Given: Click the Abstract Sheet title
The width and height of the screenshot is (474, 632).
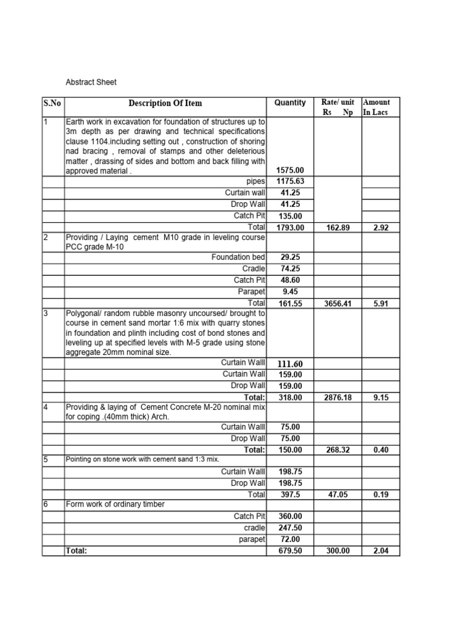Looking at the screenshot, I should [91, 81].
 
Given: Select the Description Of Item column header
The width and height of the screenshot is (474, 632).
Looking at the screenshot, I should [165, 103].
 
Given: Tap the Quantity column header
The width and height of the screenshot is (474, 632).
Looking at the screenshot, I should [290, 102].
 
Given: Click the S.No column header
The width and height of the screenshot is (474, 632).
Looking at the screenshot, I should [53, 103].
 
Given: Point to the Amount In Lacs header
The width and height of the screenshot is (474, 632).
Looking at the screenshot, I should [377, 107].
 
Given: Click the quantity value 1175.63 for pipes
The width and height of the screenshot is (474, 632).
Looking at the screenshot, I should [290, 181].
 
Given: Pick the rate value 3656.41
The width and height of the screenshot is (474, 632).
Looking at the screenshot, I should [337, 304].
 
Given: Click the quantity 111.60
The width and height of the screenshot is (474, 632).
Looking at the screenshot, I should [290, 364].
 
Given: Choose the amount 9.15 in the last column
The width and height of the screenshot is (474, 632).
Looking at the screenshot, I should [380, 398].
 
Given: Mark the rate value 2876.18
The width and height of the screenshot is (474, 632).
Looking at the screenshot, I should [337, 398].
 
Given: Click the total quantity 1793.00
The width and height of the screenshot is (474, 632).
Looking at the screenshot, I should [290, 228].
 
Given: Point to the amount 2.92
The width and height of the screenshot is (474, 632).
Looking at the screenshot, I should [380, 228].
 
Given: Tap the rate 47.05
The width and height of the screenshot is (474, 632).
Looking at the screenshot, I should [337, 494].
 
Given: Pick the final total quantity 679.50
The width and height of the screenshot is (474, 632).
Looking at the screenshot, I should [290, 551].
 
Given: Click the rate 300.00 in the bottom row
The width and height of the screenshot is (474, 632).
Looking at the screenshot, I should [337, 551].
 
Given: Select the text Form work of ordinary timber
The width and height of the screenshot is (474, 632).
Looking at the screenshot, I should [115, 504].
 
